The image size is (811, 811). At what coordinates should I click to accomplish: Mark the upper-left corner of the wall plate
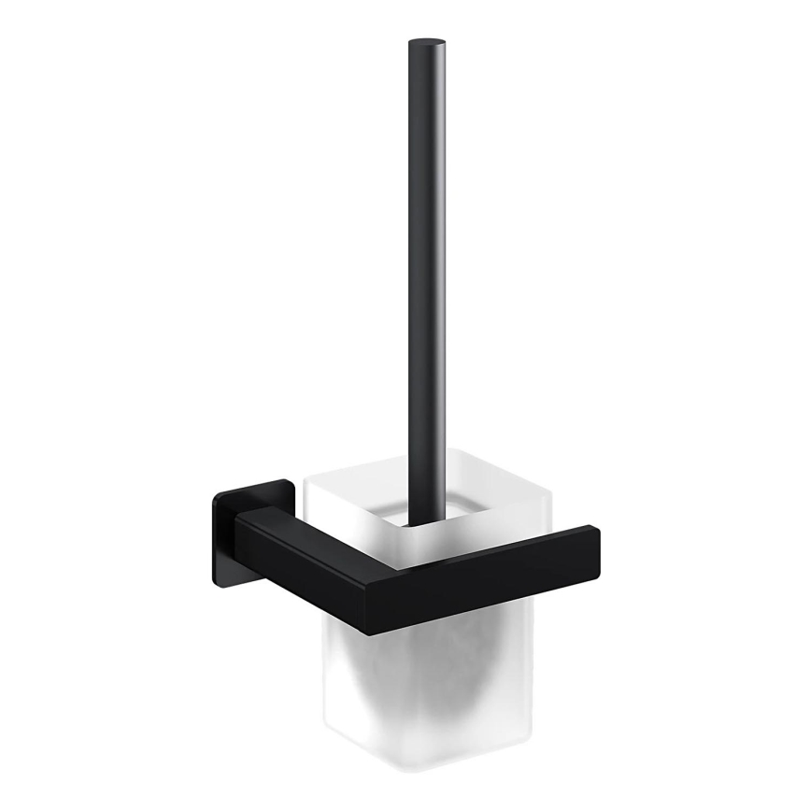(x=217, y=495)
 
